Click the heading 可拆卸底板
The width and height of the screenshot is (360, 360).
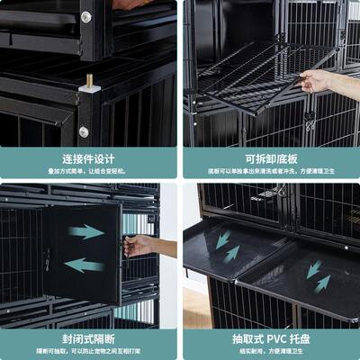click(270, 158)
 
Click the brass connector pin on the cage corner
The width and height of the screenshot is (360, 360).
click(88, 83)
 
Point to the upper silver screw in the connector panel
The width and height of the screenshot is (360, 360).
click(86, 16)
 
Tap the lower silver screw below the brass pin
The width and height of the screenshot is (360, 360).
click(84, 131)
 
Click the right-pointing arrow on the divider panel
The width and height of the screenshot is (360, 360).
click(86, 232)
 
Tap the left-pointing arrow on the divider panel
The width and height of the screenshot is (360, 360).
click(85, 265)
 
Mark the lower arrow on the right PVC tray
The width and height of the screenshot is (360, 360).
click(321, 283)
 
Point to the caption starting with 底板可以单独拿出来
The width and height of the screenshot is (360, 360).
click(270, 170)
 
